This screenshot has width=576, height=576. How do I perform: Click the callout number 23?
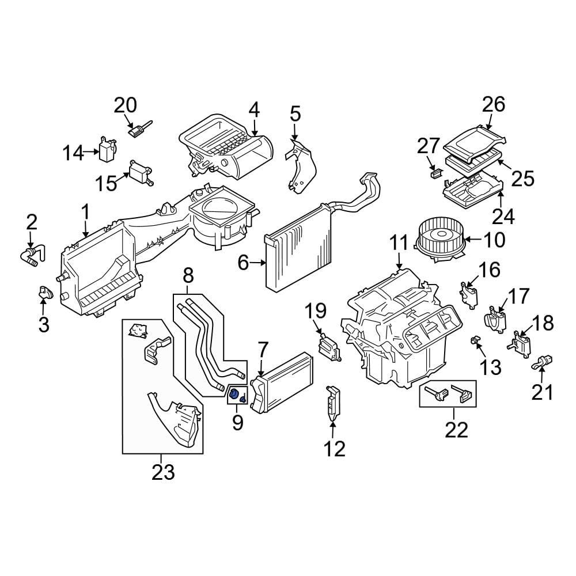pyautogui.click(x=163, y=472)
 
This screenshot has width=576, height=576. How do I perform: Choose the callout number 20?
pyautogui.click(x=125, y=105)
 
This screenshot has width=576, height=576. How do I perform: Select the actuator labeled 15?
pyautogui.click(x=140, y=172)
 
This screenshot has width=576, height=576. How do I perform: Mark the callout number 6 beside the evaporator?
pyautogui.click(x=243, y=263)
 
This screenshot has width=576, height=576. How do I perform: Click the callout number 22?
pyautogui.click(x=456, y=429)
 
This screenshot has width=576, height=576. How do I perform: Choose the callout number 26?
pyautogui.click(x=493, y=104)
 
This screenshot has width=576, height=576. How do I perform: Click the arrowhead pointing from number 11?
pyautogui.click(x=399, y=268)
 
